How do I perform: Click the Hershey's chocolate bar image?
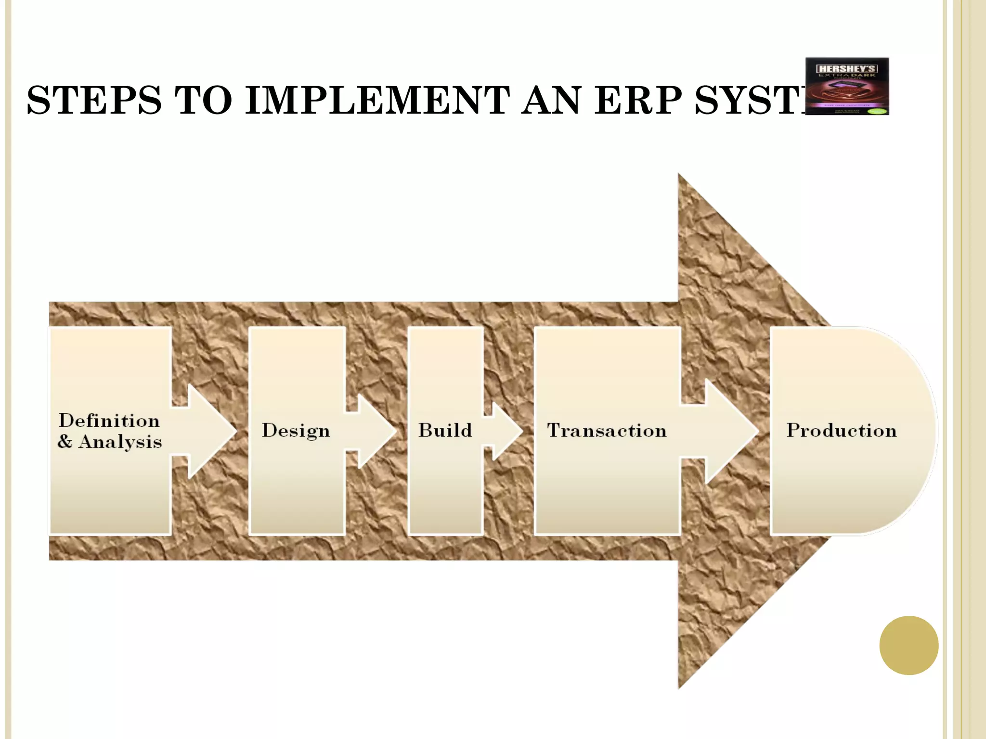pyautogui.click(x=847, y=87)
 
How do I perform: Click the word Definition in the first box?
pyautogui.click(x=109, y=420)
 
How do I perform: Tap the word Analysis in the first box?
pyautogui.click(x=120, y=442)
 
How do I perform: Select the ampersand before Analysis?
pyautogui.click(x=65, y=441)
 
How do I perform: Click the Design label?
pyautogui.click(x=296, y=431)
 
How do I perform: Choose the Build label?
pyautogui.click(x=445, y=430)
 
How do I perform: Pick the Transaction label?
pyautogui.click(x=607, y=430)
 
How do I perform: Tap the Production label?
pyautogui.click(x=841, y=430)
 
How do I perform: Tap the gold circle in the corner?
pyautogui.click(x=908, y=645)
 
